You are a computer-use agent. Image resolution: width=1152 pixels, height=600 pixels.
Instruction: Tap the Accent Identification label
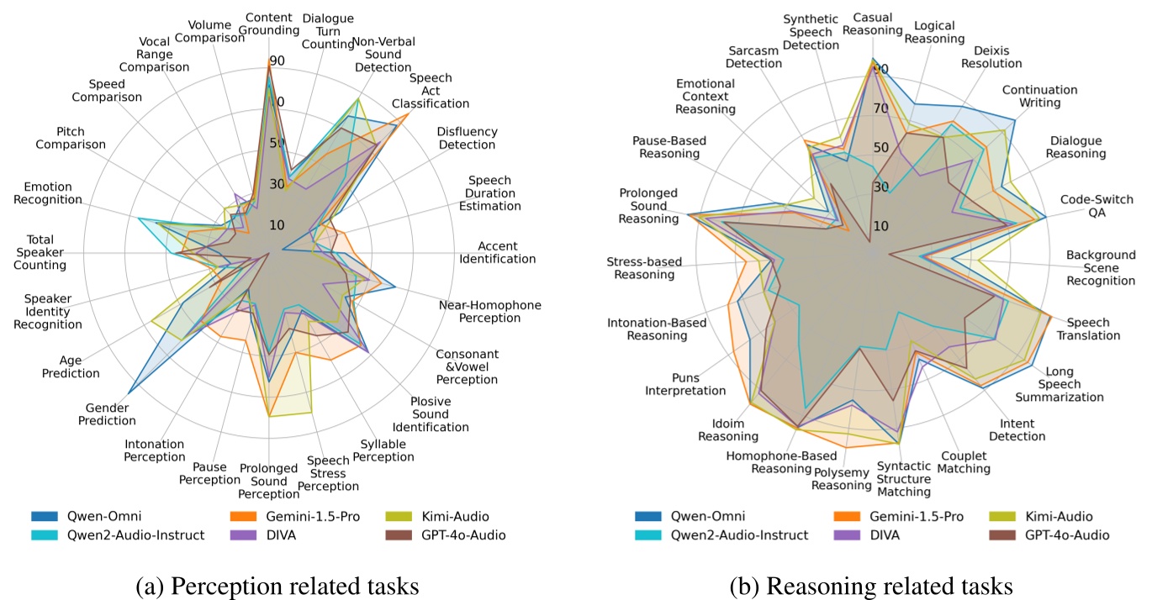(497, 252)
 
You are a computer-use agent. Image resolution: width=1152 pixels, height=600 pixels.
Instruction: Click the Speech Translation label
(1088, 329)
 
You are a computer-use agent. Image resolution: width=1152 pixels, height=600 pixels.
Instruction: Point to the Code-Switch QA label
(1096, 206)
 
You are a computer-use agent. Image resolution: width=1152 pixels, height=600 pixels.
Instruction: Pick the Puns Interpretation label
(685, 384)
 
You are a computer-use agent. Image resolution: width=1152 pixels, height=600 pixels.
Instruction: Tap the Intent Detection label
(1017, 429)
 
